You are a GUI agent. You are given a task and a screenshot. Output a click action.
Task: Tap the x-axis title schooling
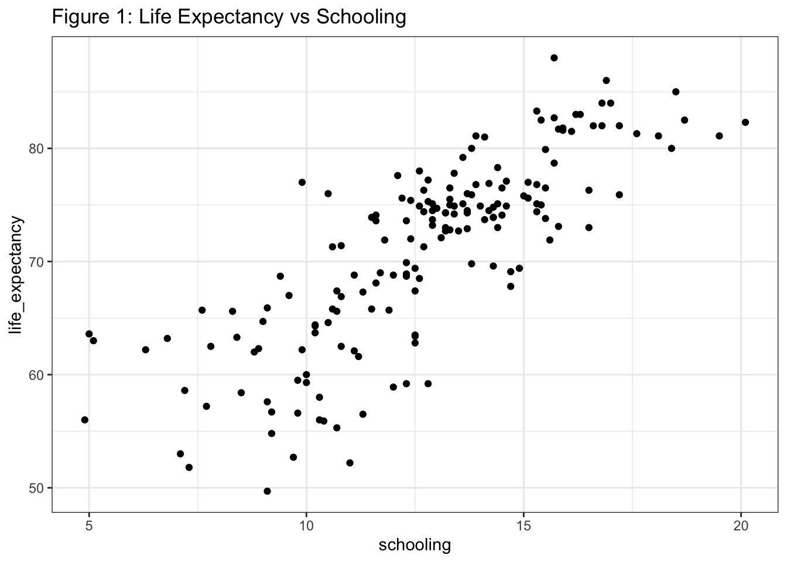pos(415,545)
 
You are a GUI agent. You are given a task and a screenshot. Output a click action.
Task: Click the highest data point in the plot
pos(554,58)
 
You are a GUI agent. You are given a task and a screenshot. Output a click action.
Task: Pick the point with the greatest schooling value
pos(745,122)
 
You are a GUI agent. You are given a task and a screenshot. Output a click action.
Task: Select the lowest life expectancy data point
pos(267,491)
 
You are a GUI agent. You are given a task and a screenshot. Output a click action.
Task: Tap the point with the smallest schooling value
pos(85,420)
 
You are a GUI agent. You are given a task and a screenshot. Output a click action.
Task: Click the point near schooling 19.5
pos(719,136)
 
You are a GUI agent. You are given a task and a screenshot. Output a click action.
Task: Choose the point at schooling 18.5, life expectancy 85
pos(676,92)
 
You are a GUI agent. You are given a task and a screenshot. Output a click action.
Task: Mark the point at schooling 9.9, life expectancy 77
pos(302,182)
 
